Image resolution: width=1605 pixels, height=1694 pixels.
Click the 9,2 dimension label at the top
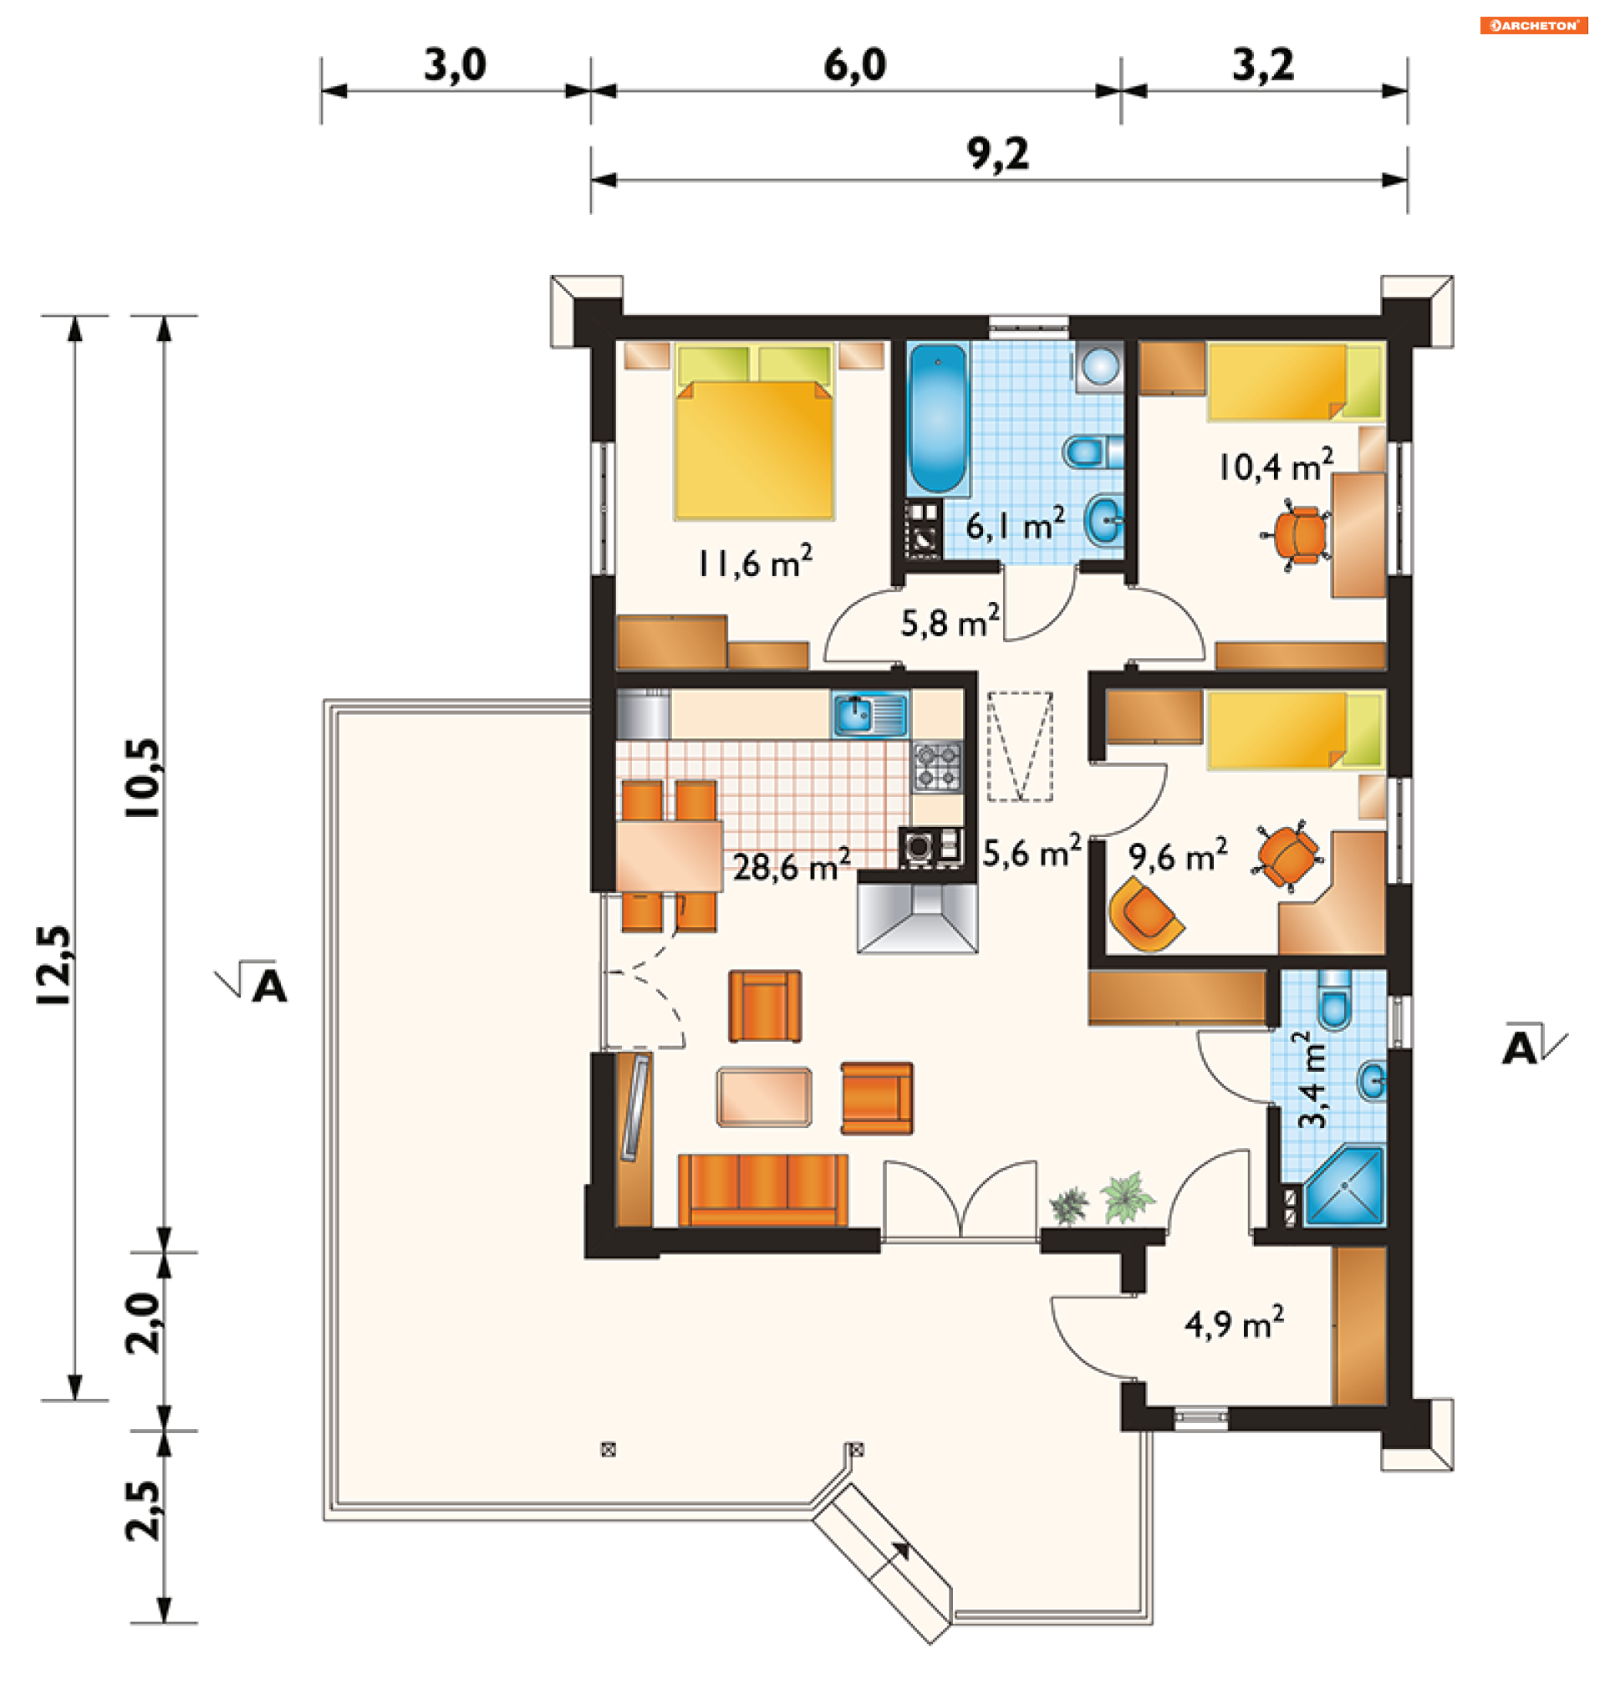[x=997, y=154]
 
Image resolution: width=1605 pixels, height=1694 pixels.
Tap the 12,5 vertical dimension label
[x=55, y=964]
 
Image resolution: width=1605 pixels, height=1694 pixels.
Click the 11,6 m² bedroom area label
[x=755, y=561]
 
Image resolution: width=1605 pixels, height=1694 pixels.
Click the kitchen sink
[x=869, y=713]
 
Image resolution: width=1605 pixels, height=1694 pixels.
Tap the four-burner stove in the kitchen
[x=938, y=766]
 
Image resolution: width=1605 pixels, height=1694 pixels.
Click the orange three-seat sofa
[x=763, y=1190]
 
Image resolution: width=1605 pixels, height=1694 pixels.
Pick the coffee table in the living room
[x=764, y=1097]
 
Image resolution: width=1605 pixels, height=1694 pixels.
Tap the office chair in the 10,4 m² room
[x=1299, y=535]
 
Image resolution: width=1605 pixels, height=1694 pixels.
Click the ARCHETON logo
[x=1533, y=25]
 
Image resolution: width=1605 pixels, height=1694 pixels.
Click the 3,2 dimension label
[x=1263, y=65]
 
